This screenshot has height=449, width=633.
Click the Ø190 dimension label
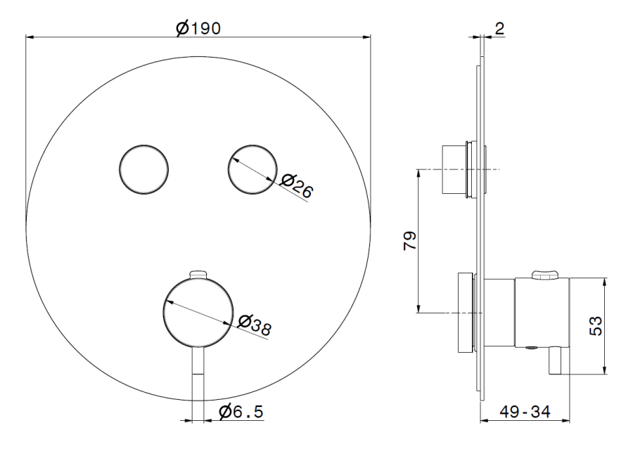198,28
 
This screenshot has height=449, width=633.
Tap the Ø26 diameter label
297,186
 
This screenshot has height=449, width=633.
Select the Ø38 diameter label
255,323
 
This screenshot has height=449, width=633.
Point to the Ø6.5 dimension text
241,412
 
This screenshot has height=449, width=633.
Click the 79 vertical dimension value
410,241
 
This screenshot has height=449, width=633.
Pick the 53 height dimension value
596,325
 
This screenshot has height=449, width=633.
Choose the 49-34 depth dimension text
525,412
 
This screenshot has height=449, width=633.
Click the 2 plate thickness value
499,29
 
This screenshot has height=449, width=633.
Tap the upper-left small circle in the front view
143,169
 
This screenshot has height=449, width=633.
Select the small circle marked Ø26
252,169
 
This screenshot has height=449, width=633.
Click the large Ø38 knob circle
198,313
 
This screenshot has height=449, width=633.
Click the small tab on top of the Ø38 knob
198,274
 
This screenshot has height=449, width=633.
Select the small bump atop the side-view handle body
545,274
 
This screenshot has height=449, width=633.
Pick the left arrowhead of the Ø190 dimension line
30,37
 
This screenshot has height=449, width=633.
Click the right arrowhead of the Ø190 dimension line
366,37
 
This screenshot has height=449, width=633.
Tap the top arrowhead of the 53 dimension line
604,282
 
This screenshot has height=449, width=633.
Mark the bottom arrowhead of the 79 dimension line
419,308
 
